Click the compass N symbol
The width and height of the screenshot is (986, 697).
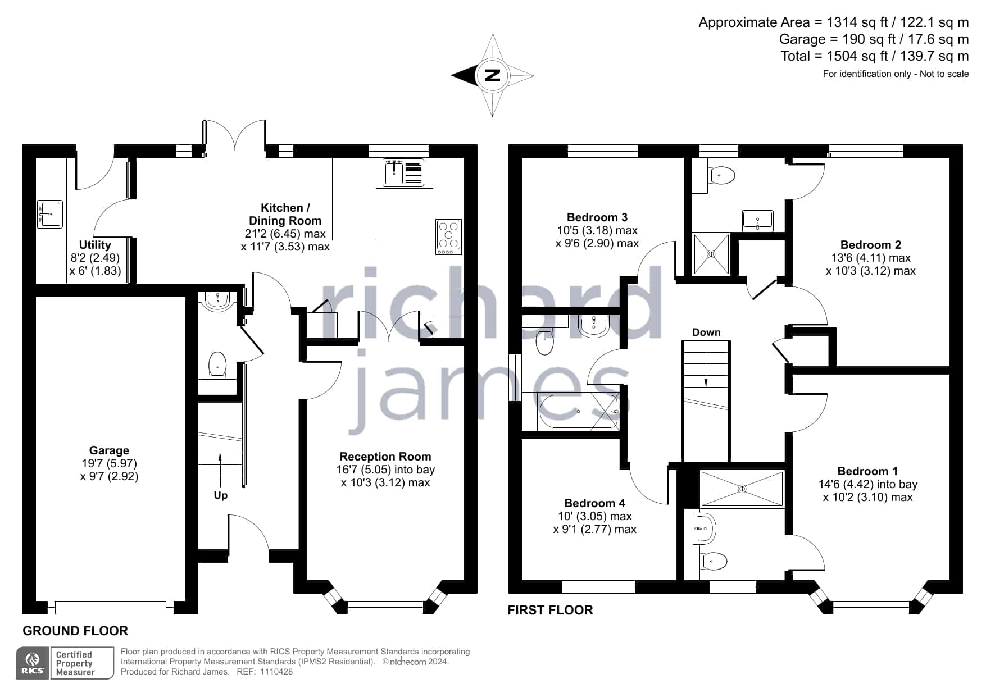(x=492, y=75)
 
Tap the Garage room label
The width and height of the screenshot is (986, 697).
(x=109, y=450)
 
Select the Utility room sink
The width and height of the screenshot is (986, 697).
(x=50, y=214)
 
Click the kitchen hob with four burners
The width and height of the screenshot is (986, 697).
(x=448, y=236)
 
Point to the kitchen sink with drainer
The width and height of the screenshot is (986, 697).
(x=403, y=172)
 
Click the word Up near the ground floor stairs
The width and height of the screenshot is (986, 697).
(x=221, y=495)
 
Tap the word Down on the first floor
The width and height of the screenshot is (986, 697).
(x=706, y=332)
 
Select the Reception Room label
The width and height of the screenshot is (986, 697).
(x=385, y=457)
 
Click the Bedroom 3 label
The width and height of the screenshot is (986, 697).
(x=597, y=217)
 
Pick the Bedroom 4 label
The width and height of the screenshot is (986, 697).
(x=594, y=503)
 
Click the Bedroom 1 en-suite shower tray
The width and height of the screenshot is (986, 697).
(x=742, y=489)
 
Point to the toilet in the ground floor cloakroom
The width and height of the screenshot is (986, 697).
(x=217, y=365)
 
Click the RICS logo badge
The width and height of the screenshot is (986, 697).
(x=33, y=663)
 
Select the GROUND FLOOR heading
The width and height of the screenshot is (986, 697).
(x=75, y=631)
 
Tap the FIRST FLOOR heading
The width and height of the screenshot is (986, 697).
(x=550, y=610)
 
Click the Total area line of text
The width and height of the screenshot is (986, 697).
(x=874, y=56)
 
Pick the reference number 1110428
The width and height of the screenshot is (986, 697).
(x=276, y=672)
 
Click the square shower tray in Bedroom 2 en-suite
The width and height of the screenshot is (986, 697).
(x=711, y=254)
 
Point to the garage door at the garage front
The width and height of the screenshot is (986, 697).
(x=111, y=607)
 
